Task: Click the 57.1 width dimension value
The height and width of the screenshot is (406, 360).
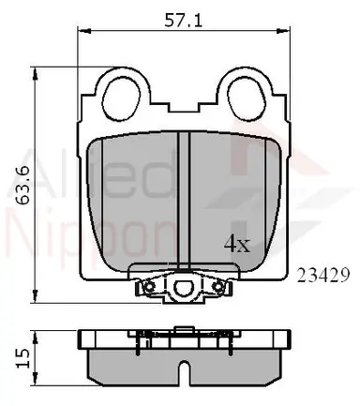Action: tap(184, 21)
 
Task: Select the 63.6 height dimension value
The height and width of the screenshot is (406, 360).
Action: tap(23, 186)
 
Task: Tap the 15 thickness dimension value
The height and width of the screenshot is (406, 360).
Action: tap(23, 358)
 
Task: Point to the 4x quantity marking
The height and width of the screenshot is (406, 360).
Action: tap(237, 245)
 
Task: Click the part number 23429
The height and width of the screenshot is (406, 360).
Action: tap(322, 276)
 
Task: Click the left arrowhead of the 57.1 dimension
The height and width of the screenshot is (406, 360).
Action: tap(83, 31)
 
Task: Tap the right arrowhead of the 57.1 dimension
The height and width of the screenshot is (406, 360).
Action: tap(283, 31)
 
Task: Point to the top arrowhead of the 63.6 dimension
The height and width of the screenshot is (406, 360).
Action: tap(36, 74)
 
